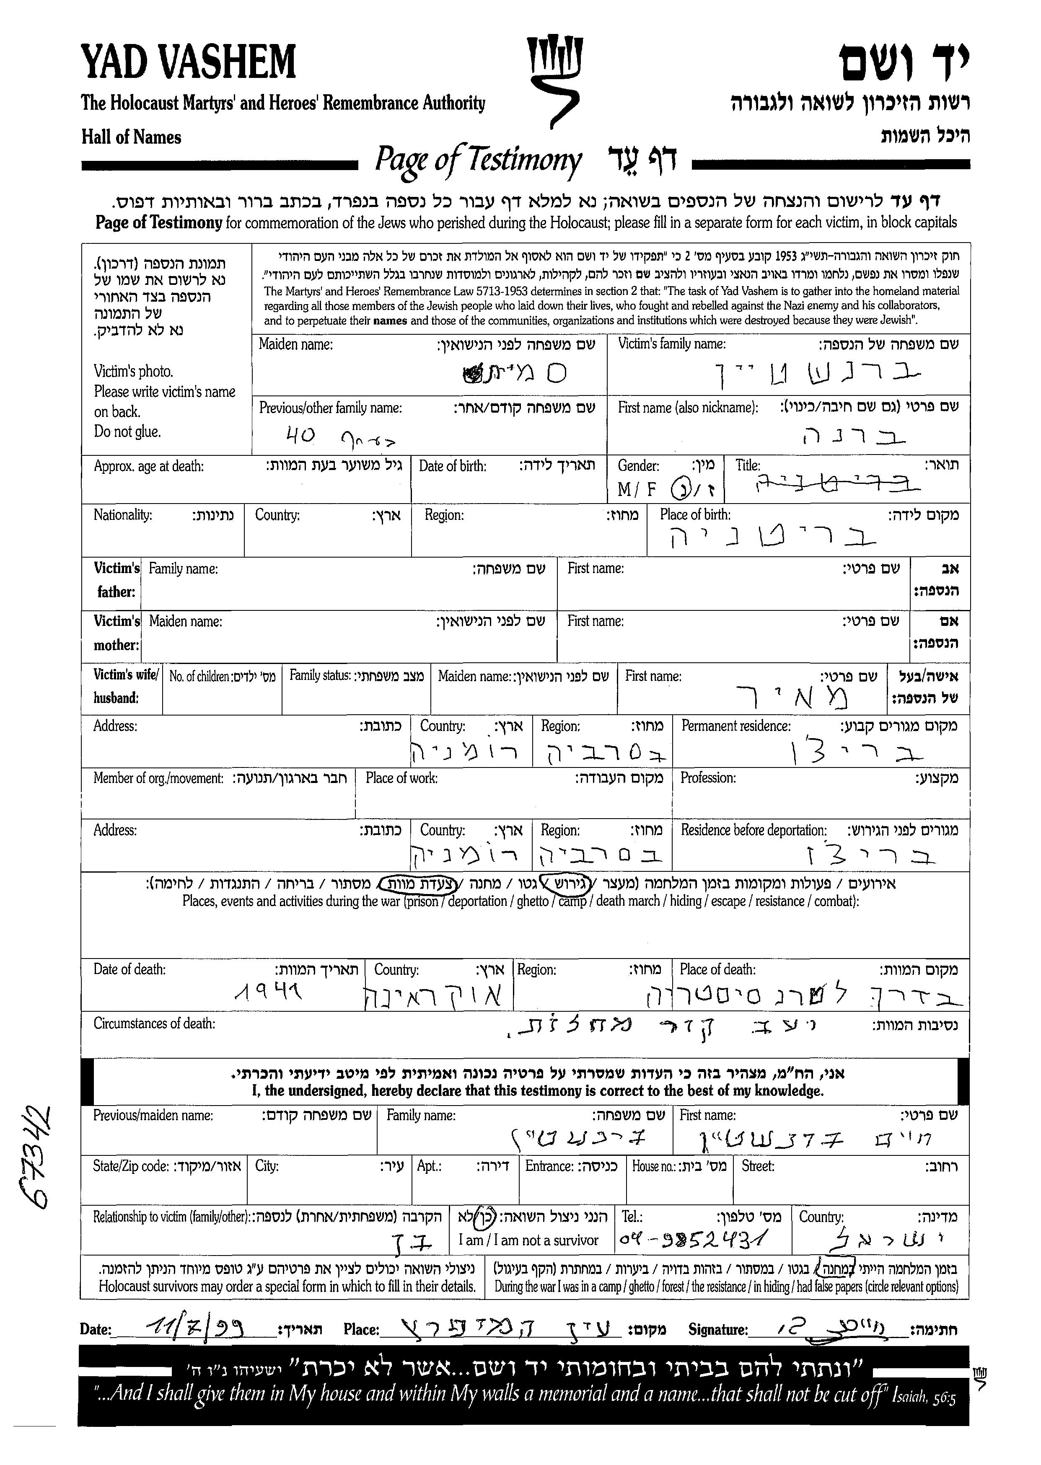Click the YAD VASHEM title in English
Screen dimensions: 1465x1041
pos(189,62)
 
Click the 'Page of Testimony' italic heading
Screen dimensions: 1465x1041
pos(478,160)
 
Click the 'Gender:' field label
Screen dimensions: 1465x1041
pos(638,466)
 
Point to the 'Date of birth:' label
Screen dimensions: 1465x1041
pos(453,466)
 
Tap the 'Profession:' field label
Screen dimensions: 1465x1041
pos(708,778)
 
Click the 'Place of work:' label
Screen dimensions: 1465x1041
pos(401,778)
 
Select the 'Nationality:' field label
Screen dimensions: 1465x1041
pos(122,515)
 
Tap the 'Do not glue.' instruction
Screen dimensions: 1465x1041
pos(127,431)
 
